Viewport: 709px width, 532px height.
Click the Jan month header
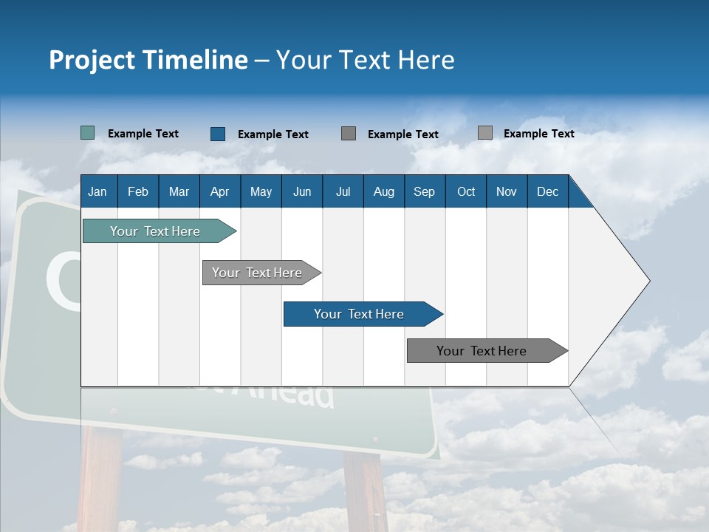[x=97, y=192]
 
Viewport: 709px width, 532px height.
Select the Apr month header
[x=219, y=192]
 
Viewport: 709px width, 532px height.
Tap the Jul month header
[x=343, y=192]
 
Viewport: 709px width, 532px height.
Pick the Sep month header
[x=424, y=192]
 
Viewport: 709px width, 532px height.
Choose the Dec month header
[x=547, y=192]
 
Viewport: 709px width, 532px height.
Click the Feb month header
[x=138, y=192]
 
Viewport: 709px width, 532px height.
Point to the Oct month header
[x=466, y=192]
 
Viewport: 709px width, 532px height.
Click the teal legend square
[x=87, y=133]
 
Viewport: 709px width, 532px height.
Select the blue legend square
[x=217, y=134]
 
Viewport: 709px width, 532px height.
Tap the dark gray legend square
[x=349, y=134]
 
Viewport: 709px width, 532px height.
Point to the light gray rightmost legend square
[x=485, y=133]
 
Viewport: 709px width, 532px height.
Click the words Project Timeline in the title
[x=148, y=60]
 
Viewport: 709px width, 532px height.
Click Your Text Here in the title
[x=366, y=60]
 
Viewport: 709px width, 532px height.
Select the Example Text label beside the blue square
[x=273, y=134]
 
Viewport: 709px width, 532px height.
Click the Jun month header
[x=302, y=192]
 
